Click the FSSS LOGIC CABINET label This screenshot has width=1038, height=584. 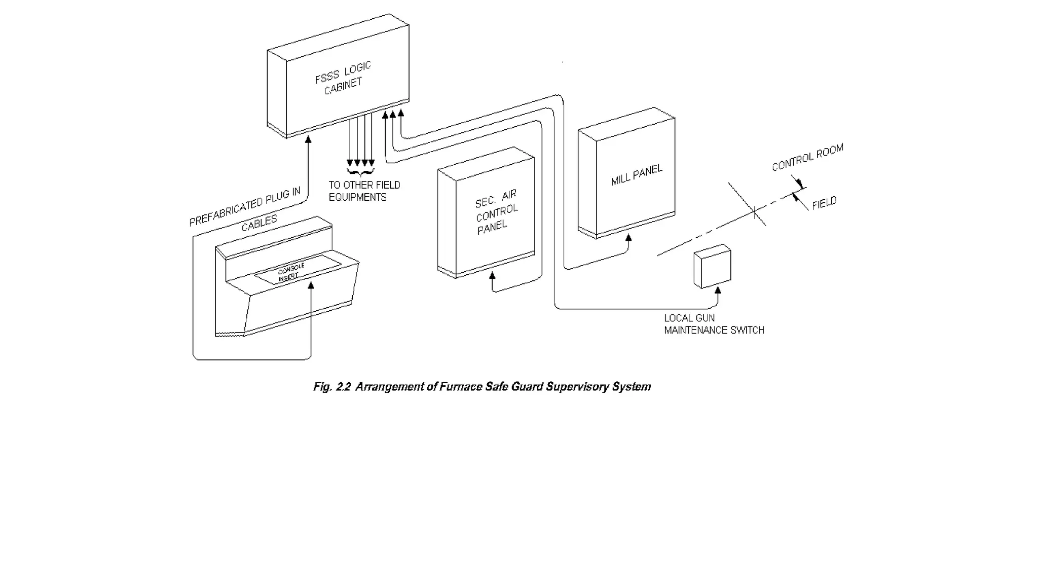click(x=343, y=78)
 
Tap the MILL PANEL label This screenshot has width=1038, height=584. click(x=637, y=175)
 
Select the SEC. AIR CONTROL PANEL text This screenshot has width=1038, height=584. click(x=496, y=212)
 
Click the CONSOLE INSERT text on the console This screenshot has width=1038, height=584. click(x=291, y=272)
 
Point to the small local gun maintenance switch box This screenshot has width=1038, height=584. click(x=712, y=267)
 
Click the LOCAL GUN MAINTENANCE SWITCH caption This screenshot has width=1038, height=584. click(x=714, y=324)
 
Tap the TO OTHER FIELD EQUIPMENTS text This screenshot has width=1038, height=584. click(x=364, y=191)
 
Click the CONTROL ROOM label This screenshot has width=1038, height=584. click(x=807, y=157)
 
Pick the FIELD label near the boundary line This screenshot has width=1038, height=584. click(x=824, y=203)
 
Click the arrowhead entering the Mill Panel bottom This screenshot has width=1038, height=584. click(x=628, y=238)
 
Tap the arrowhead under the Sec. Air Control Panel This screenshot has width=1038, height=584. click(x=492, y=276)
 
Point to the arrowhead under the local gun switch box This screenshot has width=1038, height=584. click(x=718, y=290)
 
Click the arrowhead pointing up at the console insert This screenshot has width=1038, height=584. click(x=311, y=285)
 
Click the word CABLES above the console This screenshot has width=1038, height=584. click(x=259, y=223)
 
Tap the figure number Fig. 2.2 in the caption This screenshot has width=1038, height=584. click(x=331, y=387)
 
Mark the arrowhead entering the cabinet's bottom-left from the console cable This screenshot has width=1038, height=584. click(x=308, y=139)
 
